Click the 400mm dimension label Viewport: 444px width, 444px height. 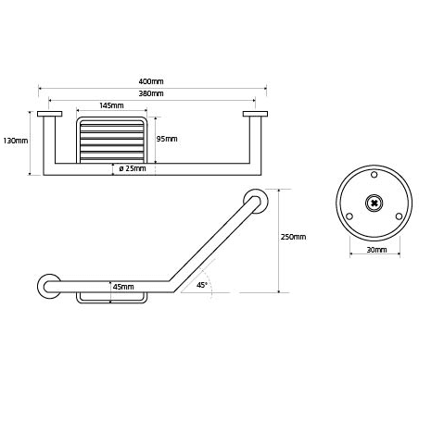tap(151, 81)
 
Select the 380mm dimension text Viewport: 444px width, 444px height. tap(151, 93)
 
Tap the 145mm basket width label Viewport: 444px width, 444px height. tap(111, 105)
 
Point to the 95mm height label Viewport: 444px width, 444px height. tap(167, 139)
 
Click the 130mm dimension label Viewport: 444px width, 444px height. tap(16, 141)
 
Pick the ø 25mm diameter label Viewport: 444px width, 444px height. tap(133, 168)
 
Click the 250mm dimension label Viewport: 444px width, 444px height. tap(294, 237)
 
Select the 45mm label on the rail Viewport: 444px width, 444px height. tap(123, 287)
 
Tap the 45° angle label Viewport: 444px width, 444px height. tap(202, 285)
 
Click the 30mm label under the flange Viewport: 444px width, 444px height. tap(376, 250)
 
